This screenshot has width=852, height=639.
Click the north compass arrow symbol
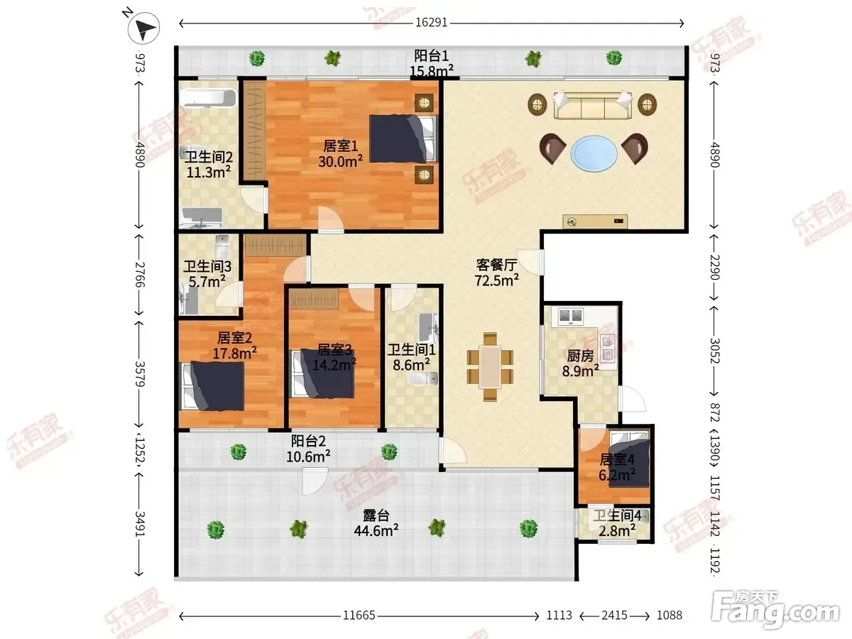coord(143,28)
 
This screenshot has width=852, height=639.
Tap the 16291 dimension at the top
coord(431,23)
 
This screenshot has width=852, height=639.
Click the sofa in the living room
coord(592,105)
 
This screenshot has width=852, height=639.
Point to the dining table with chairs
coord(490,366)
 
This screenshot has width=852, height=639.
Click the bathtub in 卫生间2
coord(208,98)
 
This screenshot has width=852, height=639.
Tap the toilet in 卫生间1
coord(423,378)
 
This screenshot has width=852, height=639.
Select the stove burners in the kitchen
coord(571,317)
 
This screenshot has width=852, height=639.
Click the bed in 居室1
coord(403,138)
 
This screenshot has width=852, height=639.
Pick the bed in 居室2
coord(213,386)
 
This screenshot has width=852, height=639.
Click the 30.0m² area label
coord(340,161)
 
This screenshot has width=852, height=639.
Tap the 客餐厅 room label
coord(496,265)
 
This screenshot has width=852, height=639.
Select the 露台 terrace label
coord(376,515)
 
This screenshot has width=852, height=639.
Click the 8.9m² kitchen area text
coord(580,371)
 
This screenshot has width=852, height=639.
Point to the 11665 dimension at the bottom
coord(359,616)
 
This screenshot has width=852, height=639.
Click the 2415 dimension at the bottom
coord(614,616)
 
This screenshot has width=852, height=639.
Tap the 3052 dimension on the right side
coord(715,351)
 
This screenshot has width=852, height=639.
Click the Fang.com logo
coord(776,609)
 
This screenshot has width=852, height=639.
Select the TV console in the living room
coord(595,222)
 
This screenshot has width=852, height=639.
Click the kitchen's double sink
coord(608,348)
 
